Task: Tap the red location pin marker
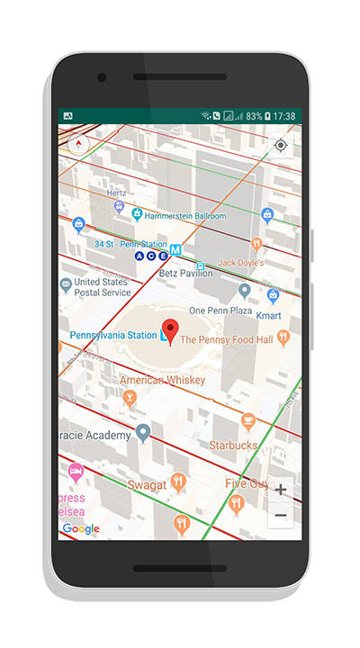(169, 329)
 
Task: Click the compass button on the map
(79, 144)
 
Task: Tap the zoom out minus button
(281, 516)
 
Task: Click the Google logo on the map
(81, 529)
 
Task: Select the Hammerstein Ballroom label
(186, 216)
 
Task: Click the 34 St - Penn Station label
(131, 244)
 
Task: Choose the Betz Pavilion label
(185, 273)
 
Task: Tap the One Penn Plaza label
(220, 310)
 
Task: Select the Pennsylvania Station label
(113, 336)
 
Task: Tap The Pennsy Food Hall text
(226, 340)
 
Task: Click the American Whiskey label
(162, 380)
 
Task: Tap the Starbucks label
(233, 445)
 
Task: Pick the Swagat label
(146, 485)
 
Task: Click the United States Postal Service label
(102, 286)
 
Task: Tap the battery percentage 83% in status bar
(254, 116)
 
